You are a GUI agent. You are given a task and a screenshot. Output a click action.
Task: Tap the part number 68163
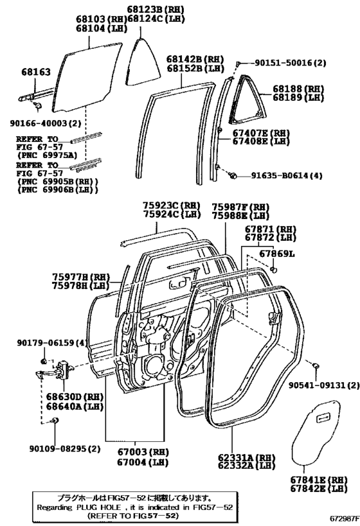(35, 73)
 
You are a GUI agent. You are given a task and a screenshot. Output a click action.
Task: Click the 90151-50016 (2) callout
(291, 63)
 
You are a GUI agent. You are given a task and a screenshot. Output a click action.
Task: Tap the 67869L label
(276, 255)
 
